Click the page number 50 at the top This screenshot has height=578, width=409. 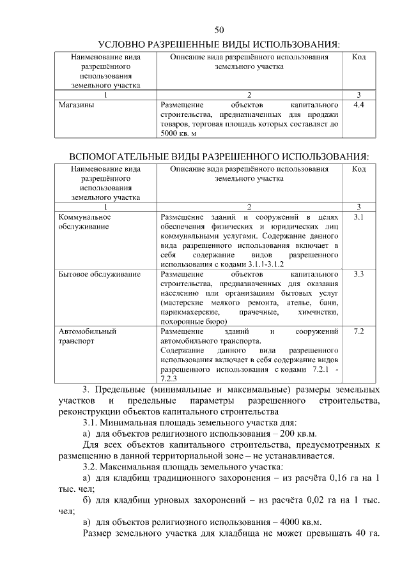pos(219,30)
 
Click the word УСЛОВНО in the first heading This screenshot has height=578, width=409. pos(124,44)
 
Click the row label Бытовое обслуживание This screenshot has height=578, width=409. pos(99,274)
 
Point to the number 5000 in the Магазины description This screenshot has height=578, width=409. pos(171,133)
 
